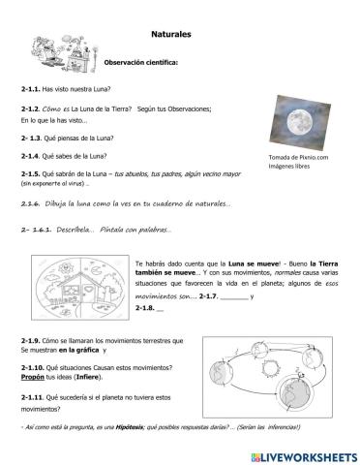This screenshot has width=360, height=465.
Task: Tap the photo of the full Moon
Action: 301,122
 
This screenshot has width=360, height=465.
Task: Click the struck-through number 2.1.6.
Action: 33,204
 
